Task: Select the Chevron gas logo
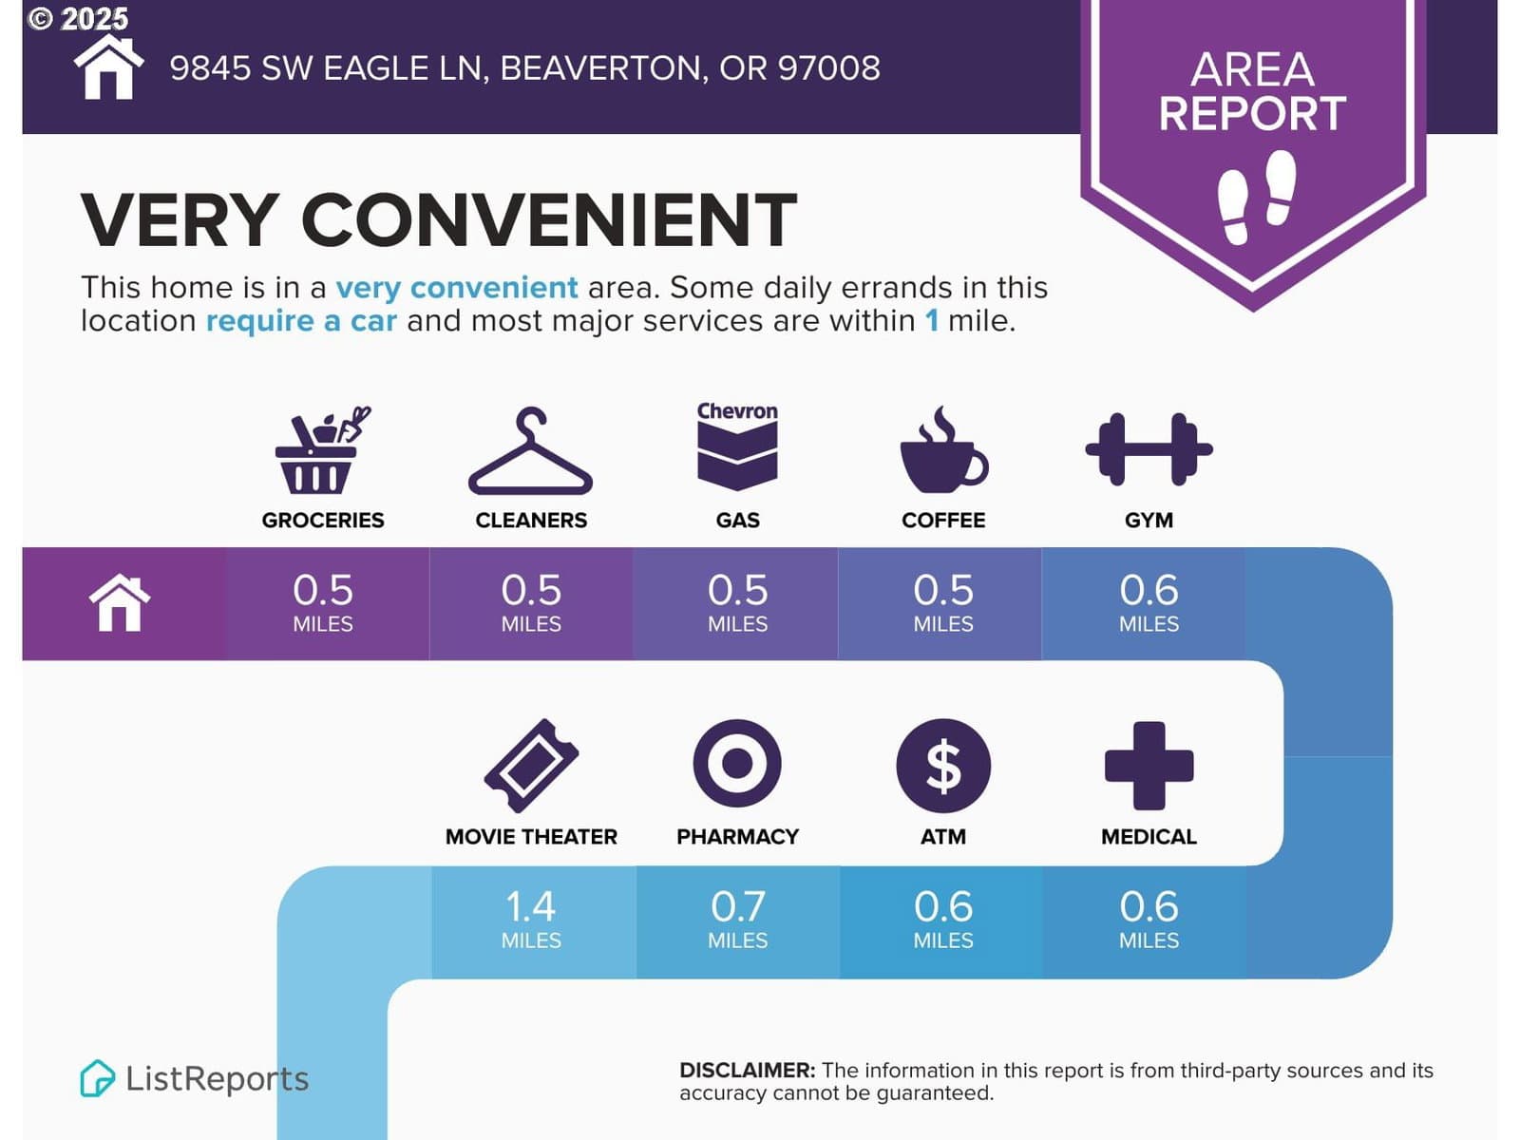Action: point(737,446)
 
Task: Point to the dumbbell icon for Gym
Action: point(1149,449)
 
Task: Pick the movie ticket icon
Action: point(531,766)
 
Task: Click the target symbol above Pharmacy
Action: point(737,764)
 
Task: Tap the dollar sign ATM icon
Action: point(943,766)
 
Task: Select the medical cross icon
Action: point(1149,766)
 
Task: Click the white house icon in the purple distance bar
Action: point(120,603)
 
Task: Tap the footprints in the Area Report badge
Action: point(1256,198)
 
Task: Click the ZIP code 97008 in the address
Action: point(829,68)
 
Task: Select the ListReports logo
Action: point(195,1078)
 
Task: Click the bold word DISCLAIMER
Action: point(748,1070)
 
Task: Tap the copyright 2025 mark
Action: point(78,19)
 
